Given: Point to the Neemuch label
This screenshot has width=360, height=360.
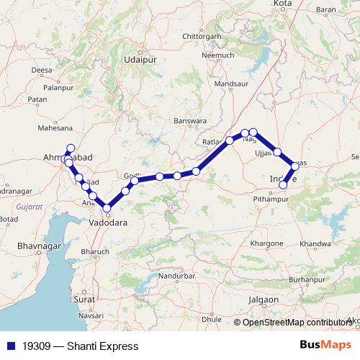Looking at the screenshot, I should [219, 55].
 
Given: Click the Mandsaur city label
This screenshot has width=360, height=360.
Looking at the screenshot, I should [231, 84].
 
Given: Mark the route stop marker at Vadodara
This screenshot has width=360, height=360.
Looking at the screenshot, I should [107, 209].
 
